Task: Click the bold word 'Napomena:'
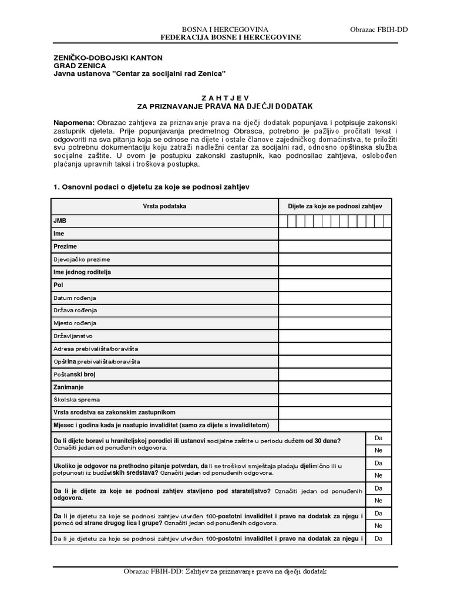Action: [71, 119]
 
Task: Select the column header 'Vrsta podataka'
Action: [164, 207]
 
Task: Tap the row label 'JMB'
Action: [59, 221]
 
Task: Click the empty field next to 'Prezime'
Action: [335, 247]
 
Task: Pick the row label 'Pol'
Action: [58, 285]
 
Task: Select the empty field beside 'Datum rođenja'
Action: [335, 298]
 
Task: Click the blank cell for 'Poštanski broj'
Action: [335, 374]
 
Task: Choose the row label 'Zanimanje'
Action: [69, 387]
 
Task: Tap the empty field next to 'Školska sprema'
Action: [335, 400]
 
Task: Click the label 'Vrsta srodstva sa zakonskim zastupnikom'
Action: [115, 413]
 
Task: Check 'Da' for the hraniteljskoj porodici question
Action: [378, 438]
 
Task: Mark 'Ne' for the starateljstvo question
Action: [378, 501]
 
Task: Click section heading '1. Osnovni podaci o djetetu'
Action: [152, 187]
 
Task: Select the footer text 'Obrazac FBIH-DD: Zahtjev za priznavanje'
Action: [225, 571]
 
